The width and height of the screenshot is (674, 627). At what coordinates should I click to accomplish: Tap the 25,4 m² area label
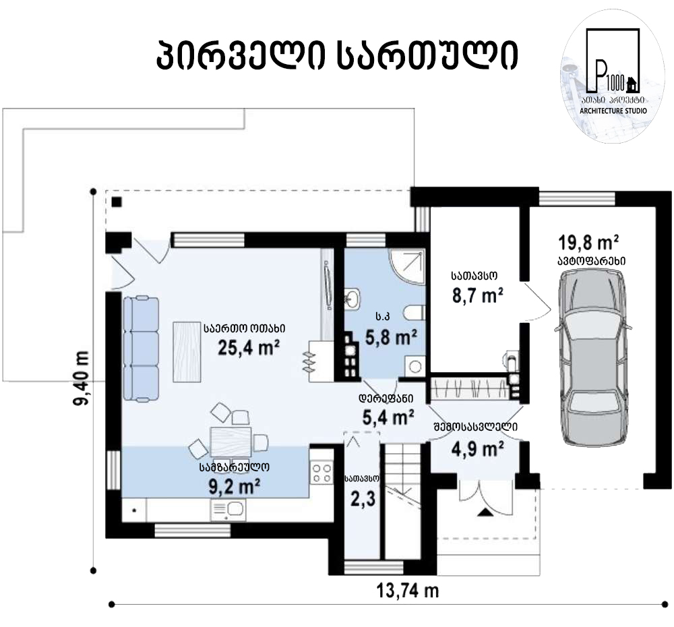point(249,347)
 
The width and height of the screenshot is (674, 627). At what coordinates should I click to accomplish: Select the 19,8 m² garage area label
point(588,243)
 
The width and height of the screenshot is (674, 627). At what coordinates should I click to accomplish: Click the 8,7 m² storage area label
point(478,295)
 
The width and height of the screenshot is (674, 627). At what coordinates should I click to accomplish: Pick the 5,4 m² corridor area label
point(388,417)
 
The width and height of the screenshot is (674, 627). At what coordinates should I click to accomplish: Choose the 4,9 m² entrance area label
point(478,450)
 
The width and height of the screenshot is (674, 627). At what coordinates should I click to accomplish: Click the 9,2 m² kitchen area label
point(235,487)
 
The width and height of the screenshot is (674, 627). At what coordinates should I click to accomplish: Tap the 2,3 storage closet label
point(363,499)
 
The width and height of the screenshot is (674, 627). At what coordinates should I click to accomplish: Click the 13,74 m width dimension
point(408,591)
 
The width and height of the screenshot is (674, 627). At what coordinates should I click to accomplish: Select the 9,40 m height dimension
point(81,378)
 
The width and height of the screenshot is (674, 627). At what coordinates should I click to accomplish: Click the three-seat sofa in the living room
point(141,349)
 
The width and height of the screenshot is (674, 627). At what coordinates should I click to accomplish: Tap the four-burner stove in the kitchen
point(321,473)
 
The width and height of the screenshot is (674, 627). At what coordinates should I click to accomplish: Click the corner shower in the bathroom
point(406,266)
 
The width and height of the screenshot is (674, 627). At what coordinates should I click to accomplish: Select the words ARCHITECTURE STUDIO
point(613,111)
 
